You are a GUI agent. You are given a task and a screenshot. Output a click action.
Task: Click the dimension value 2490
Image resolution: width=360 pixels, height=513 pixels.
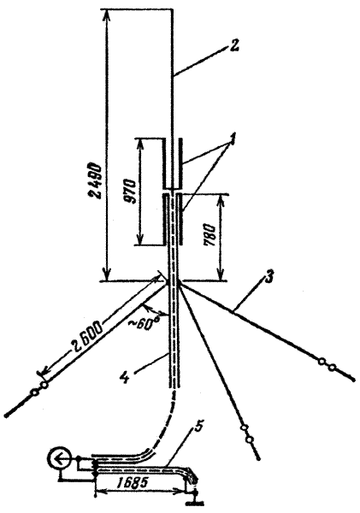[x=97, y=180]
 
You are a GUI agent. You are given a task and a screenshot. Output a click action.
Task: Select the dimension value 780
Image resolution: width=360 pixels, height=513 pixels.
[x=210, y=236]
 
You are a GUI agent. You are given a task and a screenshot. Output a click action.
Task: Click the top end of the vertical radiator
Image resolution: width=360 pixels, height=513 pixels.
[x=173, y=9]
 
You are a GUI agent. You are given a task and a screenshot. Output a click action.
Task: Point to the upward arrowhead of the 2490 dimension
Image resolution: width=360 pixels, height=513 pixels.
[x=107, y=13]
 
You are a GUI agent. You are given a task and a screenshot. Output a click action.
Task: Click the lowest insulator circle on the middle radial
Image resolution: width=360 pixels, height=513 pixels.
[x=250, y=440]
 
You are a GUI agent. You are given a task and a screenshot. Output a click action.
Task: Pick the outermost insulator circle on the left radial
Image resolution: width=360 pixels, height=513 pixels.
[x=33, y=392]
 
